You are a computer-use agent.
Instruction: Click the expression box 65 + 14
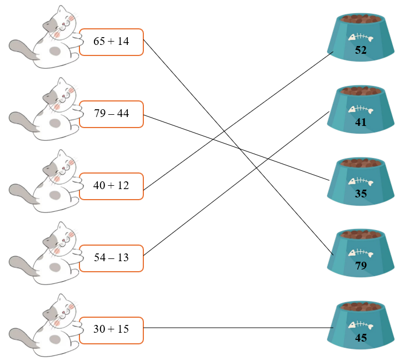(x=111, y=42)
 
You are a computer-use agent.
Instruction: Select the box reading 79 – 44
(x=111, y=114)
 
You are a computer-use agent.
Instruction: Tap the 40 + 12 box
(x=111, y=186)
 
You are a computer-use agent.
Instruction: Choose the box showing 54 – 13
(x=111, y=258)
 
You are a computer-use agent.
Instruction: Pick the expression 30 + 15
(x=111, y=329)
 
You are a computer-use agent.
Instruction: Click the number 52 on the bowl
(x=361, y=50)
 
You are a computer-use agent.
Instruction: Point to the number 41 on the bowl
(x=361, y=123)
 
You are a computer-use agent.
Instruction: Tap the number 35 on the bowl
(x=361, y=194)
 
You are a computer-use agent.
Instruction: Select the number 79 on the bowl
(x=361, y=266)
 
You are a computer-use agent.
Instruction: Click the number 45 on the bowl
(x=361, y=338)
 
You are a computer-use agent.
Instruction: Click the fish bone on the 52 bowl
(x=360, y=38)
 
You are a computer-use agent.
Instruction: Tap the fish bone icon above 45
(x=360, y=325)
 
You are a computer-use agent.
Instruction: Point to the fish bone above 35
(x=360, y=181)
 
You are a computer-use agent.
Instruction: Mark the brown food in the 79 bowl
(x=361, y=234)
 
